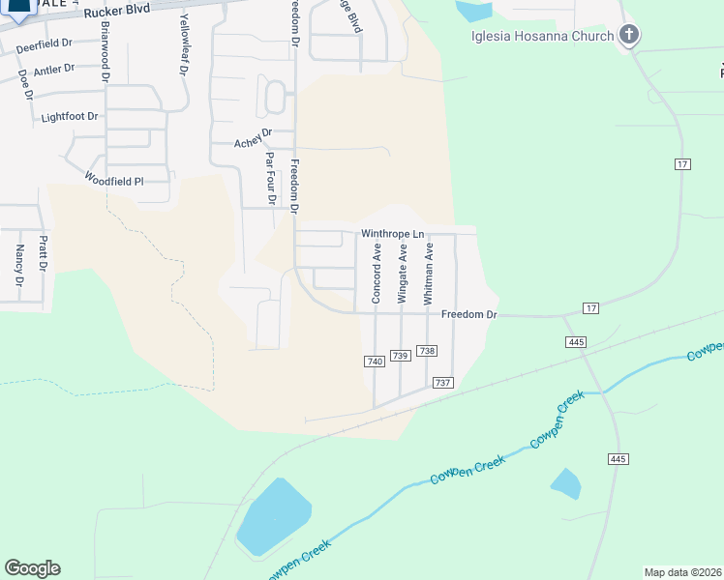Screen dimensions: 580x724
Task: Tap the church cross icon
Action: tap(629, 37)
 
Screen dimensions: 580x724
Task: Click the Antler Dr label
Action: tap(53, 70)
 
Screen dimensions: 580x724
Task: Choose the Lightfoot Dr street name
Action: tap(70, 116)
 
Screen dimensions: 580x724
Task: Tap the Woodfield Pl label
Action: tap(113, 180)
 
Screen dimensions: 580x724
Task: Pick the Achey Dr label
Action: tap(254, 141)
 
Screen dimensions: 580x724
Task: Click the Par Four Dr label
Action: tap(270, 179)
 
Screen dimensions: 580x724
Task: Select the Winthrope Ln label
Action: tap(392, 234)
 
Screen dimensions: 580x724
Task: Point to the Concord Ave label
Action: tap(377, 274)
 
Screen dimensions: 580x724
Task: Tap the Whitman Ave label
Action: tap(428, 274)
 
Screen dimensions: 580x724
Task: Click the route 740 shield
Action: tap(375, 362)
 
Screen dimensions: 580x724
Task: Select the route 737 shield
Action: tap(443, 383)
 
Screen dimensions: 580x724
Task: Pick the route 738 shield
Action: tap(428, 352)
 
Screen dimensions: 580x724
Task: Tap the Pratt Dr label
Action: tap(43, 254)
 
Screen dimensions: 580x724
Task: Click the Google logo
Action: tap(32, 568)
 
